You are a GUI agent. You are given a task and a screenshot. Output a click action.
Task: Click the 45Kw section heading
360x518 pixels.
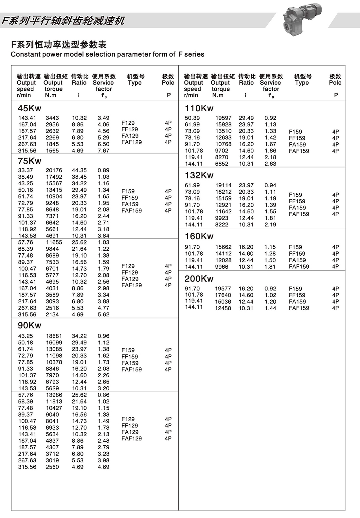[x=29, y=108]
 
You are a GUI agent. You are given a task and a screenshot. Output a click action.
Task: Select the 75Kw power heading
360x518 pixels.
[x=29, y=161]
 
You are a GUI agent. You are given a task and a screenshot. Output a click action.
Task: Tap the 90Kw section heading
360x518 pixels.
[x=29, y=325]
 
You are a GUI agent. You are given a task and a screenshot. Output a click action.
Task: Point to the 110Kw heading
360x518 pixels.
[x=199, y=108]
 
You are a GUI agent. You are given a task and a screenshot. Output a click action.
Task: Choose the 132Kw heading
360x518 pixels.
[x=199, y=175]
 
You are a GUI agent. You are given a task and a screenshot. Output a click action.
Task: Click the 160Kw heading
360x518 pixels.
[x=199, y=236]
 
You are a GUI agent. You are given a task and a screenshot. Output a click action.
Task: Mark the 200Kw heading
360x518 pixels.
[x=199, y=279]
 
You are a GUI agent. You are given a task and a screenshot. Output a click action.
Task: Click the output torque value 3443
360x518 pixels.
[x=52, y=118]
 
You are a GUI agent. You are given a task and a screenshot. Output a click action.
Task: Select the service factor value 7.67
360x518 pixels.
[x=103, y=151]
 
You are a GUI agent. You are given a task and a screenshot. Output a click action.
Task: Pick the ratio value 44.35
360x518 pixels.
[x=79, y=170]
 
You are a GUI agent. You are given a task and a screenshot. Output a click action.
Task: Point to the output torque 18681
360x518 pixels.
[x=54, y=336]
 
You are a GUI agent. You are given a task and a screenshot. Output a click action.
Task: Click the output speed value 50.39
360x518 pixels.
[x=192, y=118]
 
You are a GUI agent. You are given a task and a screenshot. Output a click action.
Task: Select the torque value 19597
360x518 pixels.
[x=223, y=118]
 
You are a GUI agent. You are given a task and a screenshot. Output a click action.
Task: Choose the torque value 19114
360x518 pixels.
[x=223, y=185]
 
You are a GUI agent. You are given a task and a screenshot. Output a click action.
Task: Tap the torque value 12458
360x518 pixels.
[x=223, y=308]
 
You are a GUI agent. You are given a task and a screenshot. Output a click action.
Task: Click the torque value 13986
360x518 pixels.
[x=54, y=395]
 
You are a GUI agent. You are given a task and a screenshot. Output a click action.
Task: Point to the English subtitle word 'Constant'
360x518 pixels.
[x=24, y=54]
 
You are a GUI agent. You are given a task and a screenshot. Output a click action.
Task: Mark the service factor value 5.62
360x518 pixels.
[x=103, y=314]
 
